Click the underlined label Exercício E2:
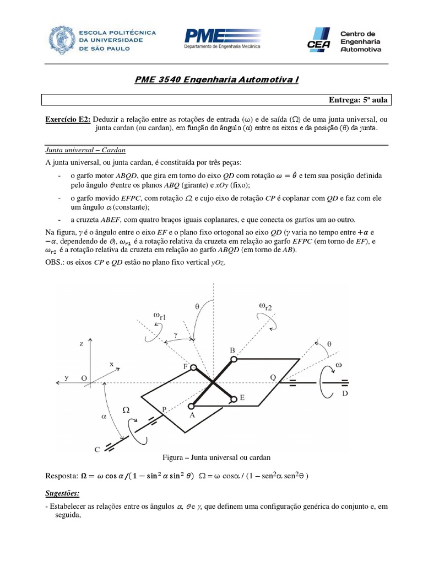(68, 119)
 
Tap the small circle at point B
(234, 359)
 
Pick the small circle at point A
(194, 406)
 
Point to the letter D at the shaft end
(345, 393)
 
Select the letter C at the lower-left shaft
(97, 450)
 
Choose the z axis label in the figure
(81, 343)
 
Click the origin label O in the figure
(84, 378)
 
